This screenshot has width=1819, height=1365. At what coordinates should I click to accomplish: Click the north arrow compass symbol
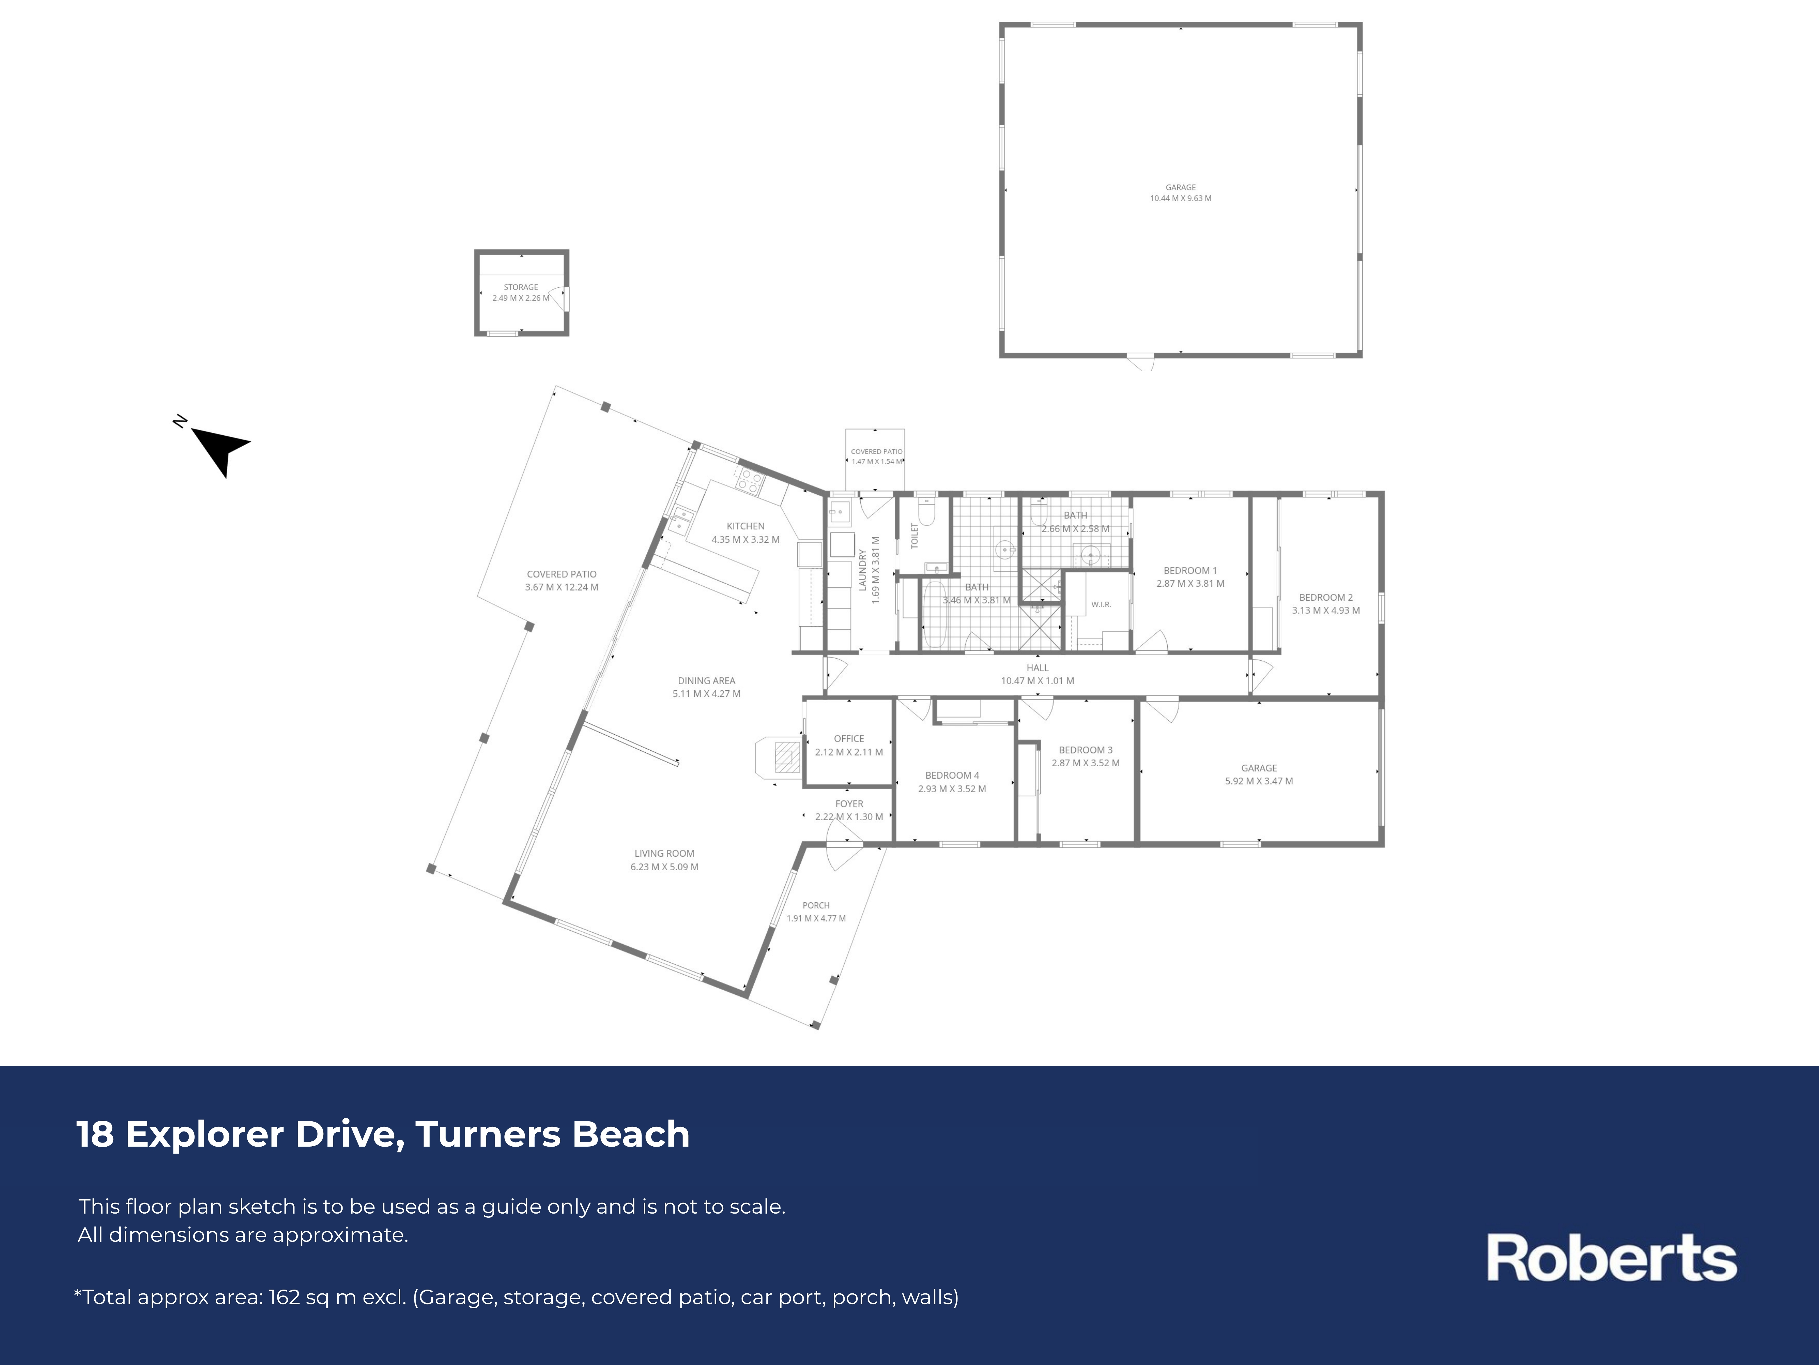tap(217, 448)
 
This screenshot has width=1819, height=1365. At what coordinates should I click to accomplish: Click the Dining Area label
tap(706, 680)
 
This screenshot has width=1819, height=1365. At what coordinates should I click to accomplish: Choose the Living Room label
tap(664, 853)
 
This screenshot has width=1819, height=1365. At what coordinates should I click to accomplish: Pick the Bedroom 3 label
tap(1086, 749)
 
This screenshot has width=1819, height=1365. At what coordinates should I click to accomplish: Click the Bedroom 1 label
tap(1190, 570)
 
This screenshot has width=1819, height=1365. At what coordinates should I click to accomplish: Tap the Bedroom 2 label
tap(1326, 597)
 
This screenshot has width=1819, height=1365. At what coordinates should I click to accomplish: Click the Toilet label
tap(914, 536)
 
